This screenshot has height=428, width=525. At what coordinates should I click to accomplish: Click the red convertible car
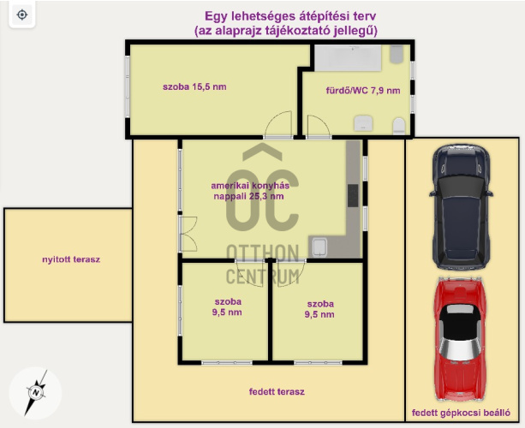click(x=459, y=339)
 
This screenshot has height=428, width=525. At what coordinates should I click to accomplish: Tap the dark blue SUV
click(x=461, y=207)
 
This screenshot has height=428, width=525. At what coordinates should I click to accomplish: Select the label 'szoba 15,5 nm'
click(x=194, y=87)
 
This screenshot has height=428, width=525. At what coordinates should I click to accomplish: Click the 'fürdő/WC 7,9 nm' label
click(x=363, y=91)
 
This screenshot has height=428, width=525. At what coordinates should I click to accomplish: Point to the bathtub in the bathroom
click(x=348, y=58)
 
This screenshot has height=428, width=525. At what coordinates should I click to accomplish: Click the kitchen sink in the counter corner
click(x=319, y=247)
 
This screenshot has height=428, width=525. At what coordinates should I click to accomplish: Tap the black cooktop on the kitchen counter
click(x=353, y=196)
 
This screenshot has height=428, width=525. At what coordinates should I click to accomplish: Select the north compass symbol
click(x=35, y=393)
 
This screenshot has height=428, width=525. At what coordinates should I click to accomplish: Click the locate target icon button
click(x=22, y=15)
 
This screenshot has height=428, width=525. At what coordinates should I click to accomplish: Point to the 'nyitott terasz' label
click(x=71, y=259)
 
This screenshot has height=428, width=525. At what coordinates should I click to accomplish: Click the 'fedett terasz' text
click(x=277, y=392)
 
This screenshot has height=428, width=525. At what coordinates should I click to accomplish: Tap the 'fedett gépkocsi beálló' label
click(x=461, y=413)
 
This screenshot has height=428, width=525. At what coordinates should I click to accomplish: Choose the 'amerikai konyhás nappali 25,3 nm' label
click(x=250, y=191)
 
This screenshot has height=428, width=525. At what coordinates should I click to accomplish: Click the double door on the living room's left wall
click(x=188, y=234)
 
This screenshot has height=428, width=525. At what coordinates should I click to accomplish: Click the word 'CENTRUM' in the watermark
click(x=262, y=277)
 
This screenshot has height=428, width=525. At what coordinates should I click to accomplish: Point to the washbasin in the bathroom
click(x=363, y=122)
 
